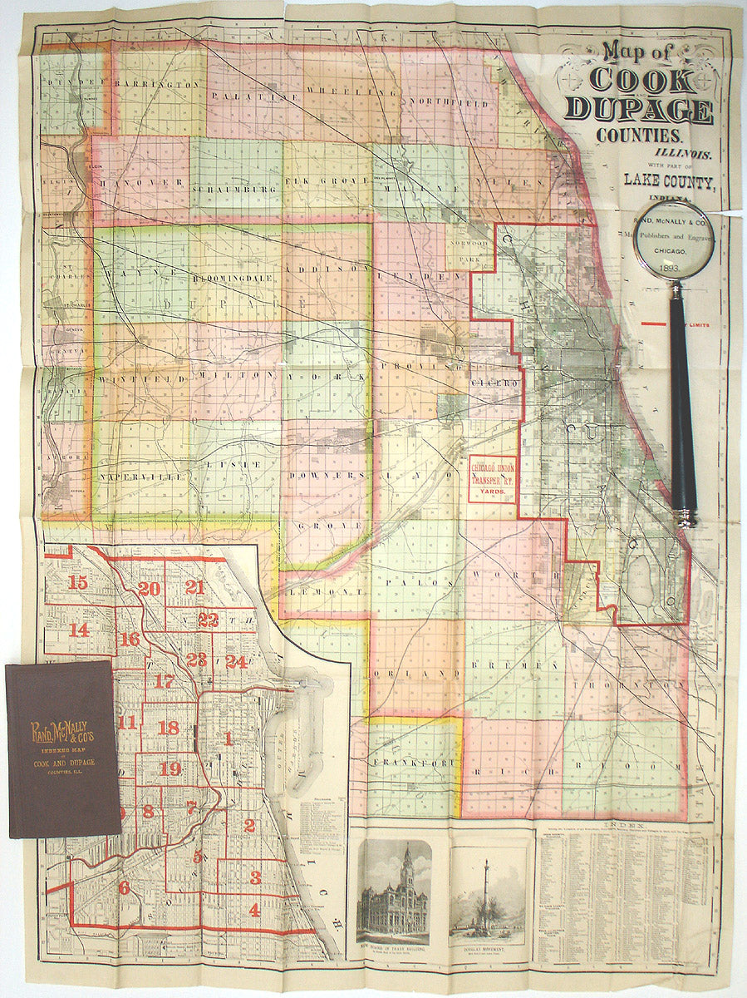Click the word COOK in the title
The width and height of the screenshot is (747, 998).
point(641,82)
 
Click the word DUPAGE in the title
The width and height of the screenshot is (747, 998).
point(638,111)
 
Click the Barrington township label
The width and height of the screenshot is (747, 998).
point(158,84)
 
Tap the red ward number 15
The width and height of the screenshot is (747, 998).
point(78,582)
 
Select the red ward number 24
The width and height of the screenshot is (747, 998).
point(236,661)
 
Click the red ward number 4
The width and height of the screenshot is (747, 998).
point(254,910)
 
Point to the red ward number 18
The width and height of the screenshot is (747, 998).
point(168,728)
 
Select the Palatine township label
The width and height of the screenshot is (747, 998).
point(247,96)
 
